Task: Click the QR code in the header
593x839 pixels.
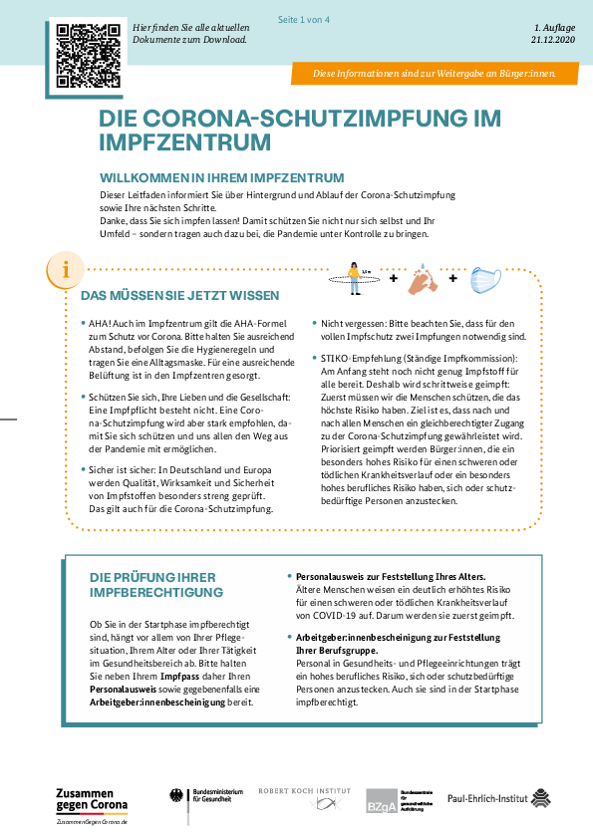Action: pyautogui.click(x=89, y=55)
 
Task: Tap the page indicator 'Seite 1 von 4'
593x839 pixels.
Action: pyautogui.click(x=303, y=20)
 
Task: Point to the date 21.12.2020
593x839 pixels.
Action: pyautogui.click(x=553, y=40)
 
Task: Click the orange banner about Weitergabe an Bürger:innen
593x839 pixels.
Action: pyautogui.click(x=435, y=74)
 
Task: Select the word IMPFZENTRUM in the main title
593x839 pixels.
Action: pyautogui.click(x=184, y=142)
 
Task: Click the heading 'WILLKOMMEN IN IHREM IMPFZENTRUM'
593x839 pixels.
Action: pyautogui.click(x=221, y=177)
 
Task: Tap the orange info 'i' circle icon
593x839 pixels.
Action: pyautogui.click(x=66, y=270)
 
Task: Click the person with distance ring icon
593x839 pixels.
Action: pyautogui.click(x=354, y=278)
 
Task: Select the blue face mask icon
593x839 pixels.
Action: pyautogui.click(x=485, y=280)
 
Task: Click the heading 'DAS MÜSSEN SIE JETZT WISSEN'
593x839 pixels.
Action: pyautogui.click(x=179, y=295)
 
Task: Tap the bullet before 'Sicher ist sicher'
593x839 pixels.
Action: pyautogui.click(x=84, y=469)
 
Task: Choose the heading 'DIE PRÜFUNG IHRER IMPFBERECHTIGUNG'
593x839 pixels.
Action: pyautogui.click(x=156, y=585)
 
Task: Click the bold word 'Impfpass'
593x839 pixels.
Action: pyautogui.click(x=179, y=677)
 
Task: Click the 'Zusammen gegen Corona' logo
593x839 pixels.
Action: pyautogui.click(x=92, y=805)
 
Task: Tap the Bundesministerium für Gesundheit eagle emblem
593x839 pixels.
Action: pyautogui.click(x=176, y=796)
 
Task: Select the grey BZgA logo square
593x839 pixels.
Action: pyautogui.click(x=382, y=801)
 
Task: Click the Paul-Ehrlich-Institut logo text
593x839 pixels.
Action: pyautogui.click(x=487, y=799)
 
